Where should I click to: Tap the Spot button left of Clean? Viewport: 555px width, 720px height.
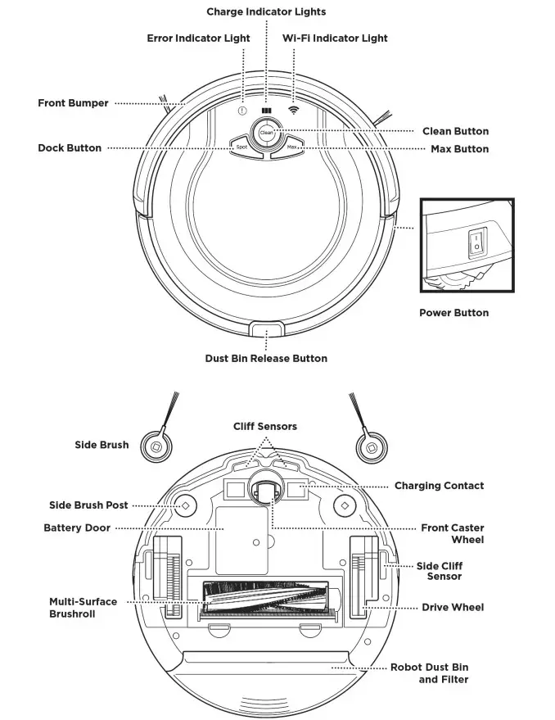point(241,147)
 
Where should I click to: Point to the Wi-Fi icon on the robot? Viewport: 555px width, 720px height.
point(292,111)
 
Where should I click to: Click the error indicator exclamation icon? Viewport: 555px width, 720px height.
point(242,111)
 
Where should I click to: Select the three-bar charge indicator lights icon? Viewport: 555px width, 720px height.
point(267,111)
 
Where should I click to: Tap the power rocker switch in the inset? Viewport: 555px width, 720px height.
point(474,243)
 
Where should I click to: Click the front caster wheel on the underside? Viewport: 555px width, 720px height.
point(265,492)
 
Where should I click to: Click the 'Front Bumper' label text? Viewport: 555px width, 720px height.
point(73,103)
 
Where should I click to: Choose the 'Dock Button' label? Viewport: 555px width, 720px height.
point(70,148)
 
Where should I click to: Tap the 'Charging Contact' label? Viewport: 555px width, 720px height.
point(439,486)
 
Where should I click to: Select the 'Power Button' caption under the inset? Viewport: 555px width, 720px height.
point(453,313)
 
